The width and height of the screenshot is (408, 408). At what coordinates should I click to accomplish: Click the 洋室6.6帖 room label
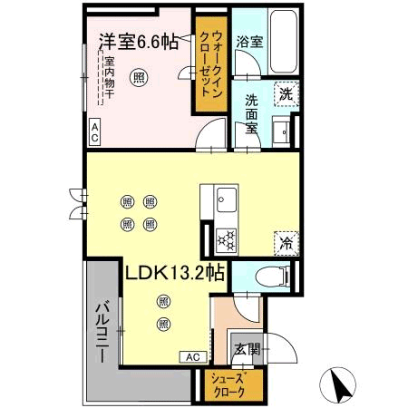(139, 41)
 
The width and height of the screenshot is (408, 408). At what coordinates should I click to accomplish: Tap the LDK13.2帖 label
(176, 271)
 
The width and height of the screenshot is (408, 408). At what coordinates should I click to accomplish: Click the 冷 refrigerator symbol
(285, 242)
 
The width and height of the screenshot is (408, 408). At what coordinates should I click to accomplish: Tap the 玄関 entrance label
(246, 347)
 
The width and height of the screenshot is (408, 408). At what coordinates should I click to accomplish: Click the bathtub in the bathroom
(281, 43)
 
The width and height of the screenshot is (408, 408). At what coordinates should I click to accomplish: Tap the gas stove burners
(225, 240)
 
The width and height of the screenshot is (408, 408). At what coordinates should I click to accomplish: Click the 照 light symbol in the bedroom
(138, 77)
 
